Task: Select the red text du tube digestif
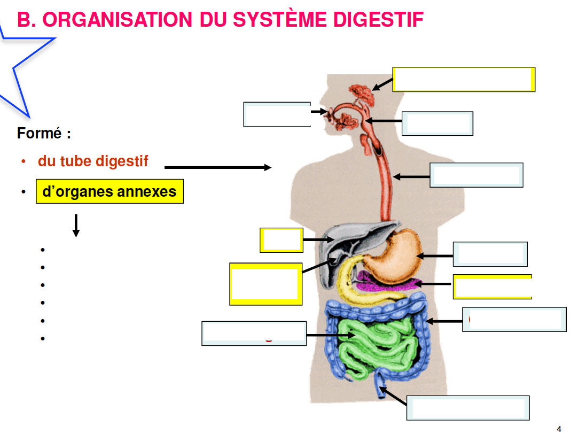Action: tap(93, 161)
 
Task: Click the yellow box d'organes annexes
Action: tap(110, 191)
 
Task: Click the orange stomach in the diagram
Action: tap(393, 257)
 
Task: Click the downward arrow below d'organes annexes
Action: tap(76, 225)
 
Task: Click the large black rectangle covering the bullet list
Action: tap(117, 293)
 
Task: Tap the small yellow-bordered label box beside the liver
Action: tap(282, 240)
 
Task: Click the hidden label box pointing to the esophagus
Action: tap(476, 175)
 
